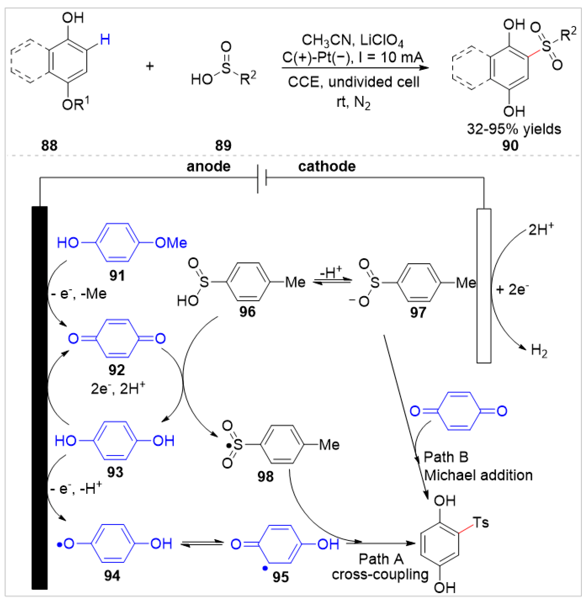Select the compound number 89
223,145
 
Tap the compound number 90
510,145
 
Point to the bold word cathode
327,166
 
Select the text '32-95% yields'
514,129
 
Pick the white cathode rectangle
484,285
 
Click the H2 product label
539,351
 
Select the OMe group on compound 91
171,243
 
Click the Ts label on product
481,523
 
